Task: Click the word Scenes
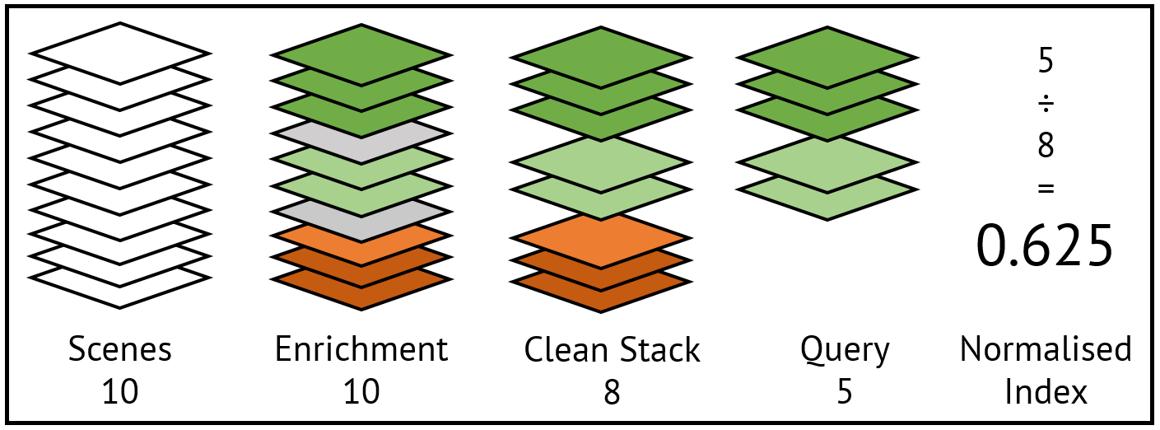pyautogui.click(x=120, y=349)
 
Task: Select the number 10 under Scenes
pyautogui.click(x=120, y=391)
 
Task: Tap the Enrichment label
pyautogui.click(x=361, y=349)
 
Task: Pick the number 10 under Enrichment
pyautogui.click(x=361, y=391)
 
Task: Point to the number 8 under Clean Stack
pyautogui.click(x=611, y=391)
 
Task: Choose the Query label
pyautogui.click(x=845, y=350)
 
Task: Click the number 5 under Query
pyautogui.click(x=845, y=391)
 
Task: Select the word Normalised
pyautogui.click(x=1046, y=349)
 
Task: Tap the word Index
pyautogui.click(x=1046, y=391)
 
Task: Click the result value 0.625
pyautogui.click(x=1045, y=246)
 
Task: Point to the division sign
pyautogui.click(x=1046, y=105)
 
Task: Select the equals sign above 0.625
pyautogui.click(x=1046, y=189)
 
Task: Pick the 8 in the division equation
pyautogui.click(x=1046, y=147)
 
